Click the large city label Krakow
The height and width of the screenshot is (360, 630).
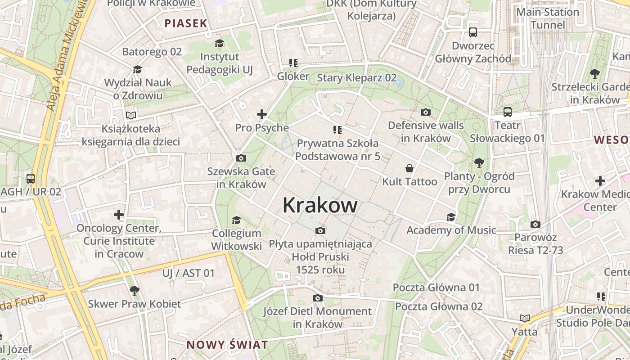tap(320, 206)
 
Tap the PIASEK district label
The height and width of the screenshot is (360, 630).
tap(185, 23)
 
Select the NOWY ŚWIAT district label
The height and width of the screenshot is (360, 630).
tap(227, 345)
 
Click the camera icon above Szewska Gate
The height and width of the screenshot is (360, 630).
tap(241, 158)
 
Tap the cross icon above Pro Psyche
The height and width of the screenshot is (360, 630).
tap(261, 114)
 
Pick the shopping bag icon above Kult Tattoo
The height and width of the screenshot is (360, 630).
tap(409, 168)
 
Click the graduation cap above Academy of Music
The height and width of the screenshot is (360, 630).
tap(451, 217)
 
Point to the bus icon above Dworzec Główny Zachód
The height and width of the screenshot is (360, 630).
tap(473, 32)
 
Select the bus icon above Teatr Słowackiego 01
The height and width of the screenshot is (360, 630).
tap(508, 112)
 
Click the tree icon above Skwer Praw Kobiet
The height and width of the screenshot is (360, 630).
tap(134, 290)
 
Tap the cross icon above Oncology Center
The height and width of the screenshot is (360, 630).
tap(119, 215)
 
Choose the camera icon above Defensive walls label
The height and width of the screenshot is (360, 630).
tap(426, 112)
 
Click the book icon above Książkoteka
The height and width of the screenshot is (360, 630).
tap(130, 116)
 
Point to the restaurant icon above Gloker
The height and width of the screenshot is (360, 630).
tap(293, 63)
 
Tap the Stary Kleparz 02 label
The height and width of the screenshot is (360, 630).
tap(357, 77)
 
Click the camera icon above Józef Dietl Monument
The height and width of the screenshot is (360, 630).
tap(318, 298)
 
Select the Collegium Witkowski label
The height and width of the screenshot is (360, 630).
tap(236, 240)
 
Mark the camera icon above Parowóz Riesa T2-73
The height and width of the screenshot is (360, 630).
tap(535, 224)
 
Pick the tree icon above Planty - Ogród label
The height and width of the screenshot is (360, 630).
tap(479, 162)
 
